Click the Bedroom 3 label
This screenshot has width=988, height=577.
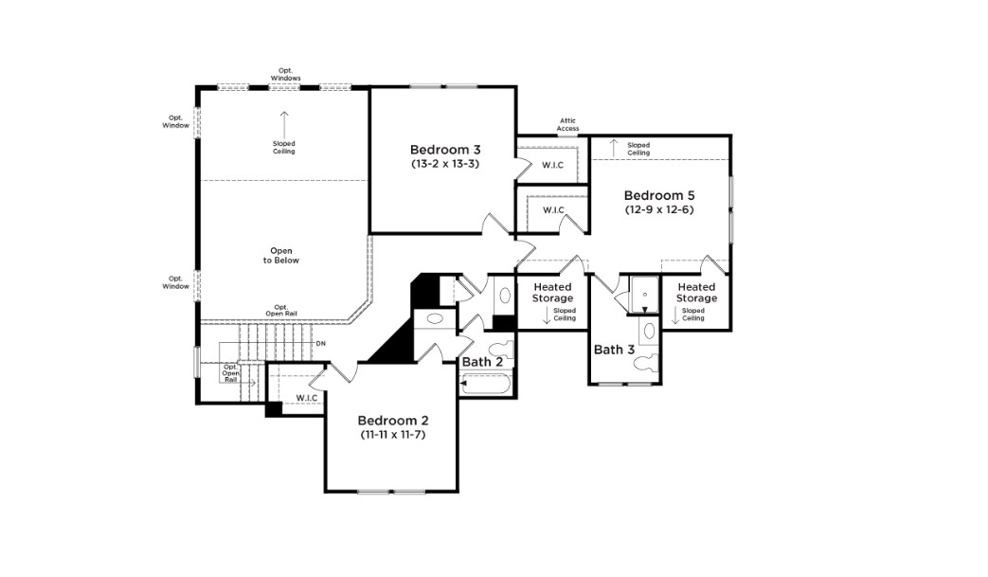click(x=445, y=150)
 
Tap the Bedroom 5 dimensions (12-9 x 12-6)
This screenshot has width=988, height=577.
click(x=659, y=209)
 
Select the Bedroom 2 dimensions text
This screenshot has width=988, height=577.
click(x=393, y=435)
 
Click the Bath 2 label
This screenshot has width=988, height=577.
click(x=483, y=362)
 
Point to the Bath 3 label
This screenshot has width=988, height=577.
click(x=615, y=350)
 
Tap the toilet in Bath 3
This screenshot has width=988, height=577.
click(x=646, y=362)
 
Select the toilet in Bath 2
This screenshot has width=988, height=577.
click(x=502, y=350)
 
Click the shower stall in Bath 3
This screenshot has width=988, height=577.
click(x=644, y=294)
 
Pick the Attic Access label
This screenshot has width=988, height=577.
click(x=567, y=125)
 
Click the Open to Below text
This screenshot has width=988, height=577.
click(x=281, y=256)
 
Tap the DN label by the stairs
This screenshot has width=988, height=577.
click(x=321, y=343)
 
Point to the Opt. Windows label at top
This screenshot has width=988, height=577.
click(x=286, y=74)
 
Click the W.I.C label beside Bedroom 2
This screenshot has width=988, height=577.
click(x=307, y=398)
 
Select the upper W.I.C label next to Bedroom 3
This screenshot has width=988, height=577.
click(x=552, y=165)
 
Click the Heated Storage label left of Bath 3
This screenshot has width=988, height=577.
click(x=552, y=292)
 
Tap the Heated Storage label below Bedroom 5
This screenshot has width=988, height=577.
click(x=696, y=292)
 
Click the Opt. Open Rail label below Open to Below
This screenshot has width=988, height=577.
click(x=281, y=311)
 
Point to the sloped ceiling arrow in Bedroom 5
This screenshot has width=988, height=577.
click(x=614, y=148)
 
